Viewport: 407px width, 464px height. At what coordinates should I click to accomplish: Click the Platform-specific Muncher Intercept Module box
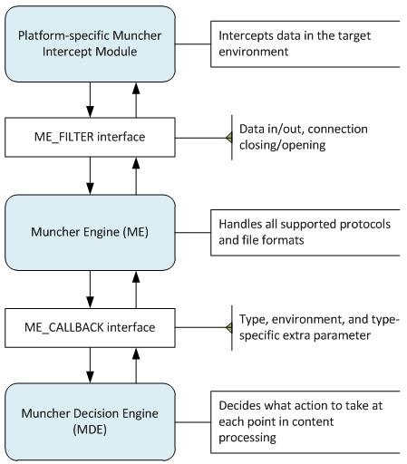90,43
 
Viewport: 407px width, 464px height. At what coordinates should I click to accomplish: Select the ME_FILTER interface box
90,137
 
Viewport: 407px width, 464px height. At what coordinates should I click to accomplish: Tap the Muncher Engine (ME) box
90,232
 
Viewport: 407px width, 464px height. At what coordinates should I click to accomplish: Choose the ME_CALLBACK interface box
90,328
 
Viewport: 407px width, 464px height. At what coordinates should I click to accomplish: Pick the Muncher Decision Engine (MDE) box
90,421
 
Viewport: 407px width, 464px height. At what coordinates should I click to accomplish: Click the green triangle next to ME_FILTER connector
229,138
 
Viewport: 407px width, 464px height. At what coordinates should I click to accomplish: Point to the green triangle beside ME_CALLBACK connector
229,328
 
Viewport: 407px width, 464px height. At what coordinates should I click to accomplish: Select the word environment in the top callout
254,52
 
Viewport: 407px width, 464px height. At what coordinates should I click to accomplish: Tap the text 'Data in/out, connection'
304,130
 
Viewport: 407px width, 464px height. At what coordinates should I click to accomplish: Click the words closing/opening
283,145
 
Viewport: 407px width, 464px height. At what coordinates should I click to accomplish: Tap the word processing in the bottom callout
247,438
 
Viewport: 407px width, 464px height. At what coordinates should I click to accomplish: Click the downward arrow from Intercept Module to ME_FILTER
90,100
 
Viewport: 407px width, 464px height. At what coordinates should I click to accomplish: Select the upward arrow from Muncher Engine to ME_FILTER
136,176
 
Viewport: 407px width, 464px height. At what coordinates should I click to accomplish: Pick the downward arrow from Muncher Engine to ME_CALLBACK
90,289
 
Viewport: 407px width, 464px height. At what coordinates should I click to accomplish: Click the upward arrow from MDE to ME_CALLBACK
136,365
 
